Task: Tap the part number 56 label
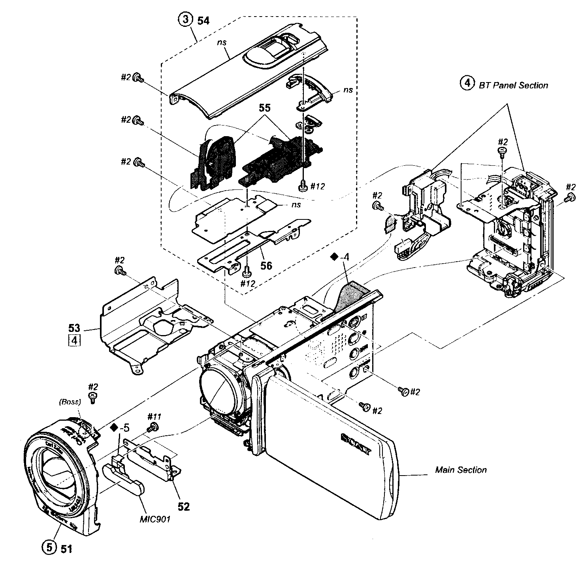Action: (266, 266)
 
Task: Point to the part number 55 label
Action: (265, 107)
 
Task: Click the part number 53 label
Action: (74, 328)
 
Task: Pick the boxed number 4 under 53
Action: (74, 340)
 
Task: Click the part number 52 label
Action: (183, 506)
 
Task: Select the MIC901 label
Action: (155, 519)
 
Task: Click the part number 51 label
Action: (66, 548)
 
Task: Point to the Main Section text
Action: (461, 470)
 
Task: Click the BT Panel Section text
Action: (513, 85)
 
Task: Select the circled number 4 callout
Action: (467, 83)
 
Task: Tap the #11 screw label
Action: (154, 416)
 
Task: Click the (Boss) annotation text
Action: (70, 402)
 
